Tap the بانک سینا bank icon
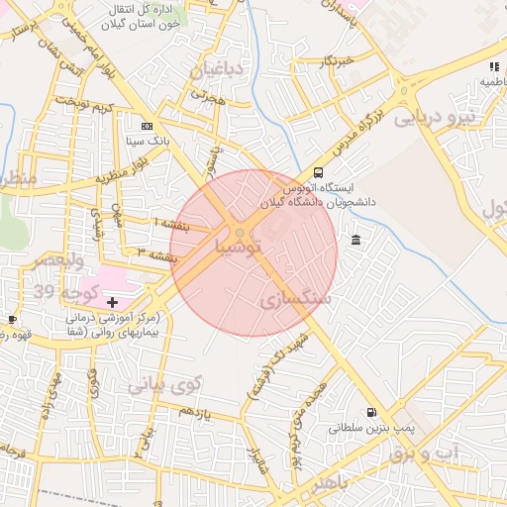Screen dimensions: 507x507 [x=148, y=126]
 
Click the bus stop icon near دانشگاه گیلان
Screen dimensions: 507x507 [x=317, y=170]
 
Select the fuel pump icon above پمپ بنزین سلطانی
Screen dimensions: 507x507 [x=371, y=412]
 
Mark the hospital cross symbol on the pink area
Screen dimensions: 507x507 [x=112, y=301]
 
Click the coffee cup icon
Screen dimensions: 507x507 [x=12, y=319]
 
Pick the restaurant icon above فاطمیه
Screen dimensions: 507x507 [x=493, y=67]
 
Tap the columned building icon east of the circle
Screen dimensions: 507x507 [x=356, y=239]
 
